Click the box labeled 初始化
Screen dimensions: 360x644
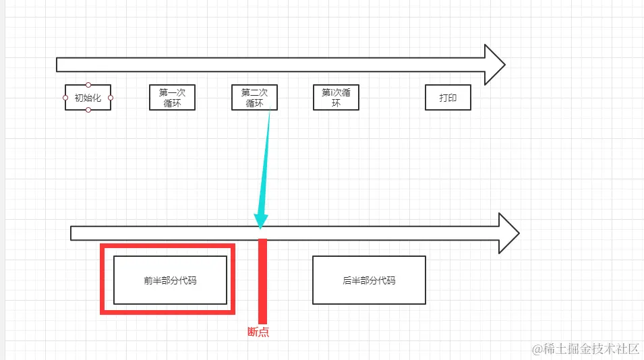point(88,98)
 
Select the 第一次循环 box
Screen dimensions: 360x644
point(172,98)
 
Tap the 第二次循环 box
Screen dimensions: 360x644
point(254,98)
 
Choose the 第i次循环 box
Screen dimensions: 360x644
point(336,98)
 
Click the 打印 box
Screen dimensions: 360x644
point(448,98)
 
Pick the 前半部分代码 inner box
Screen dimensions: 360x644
point(170,280)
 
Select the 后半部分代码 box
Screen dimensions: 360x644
point(369,280)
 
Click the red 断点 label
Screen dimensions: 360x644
point(258,332)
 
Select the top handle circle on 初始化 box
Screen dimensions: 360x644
point(88,85)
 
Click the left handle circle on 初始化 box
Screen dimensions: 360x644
point(65,98)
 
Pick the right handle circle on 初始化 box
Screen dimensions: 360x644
point(111,98)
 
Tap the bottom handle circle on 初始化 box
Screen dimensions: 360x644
point(88,110)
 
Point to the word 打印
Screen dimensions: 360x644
point(448,98)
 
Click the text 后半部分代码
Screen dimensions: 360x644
point(369,280)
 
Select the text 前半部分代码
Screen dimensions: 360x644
point(170,280)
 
